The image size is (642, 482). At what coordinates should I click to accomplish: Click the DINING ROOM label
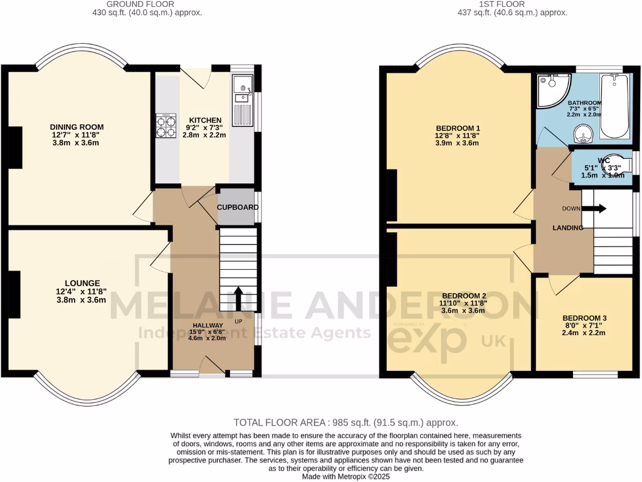pos(76,126)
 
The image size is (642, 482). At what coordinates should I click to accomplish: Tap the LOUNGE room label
pos(82,283)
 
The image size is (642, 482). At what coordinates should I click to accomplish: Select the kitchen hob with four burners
pos(166,126)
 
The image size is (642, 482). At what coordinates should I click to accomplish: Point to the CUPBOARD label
pos(236,207)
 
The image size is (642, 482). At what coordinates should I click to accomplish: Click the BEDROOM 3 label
pos(584,318)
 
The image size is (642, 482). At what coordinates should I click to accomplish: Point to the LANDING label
pos(568,228)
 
